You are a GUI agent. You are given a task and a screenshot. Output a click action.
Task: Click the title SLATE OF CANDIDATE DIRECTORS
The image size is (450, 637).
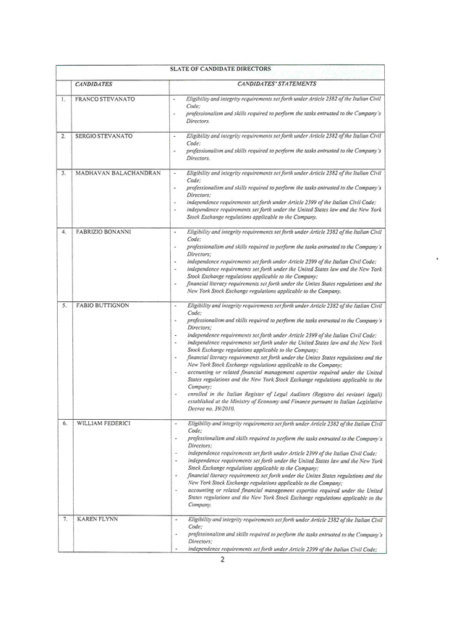coord(221,69)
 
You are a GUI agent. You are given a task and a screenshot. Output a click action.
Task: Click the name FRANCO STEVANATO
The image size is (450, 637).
coord(106,98)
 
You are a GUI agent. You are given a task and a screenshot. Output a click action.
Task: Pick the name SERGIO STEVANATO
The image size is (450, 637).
coord(106,136)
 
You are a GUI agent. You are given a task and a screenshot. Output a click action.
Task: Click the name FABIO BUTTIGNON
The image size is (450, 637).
coord(103,306)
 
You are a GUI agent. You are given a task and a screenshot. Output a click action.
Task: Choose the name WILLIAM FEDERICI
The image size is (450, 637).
coord(103,422)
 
